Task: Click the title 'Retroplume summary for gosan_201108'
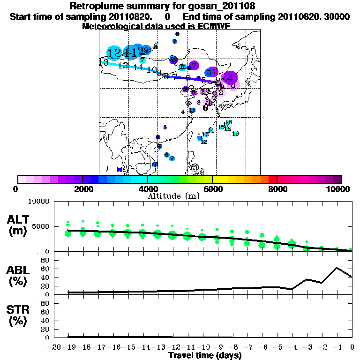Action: (x=162, y=6)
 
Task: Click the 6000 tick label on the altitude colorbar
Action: (x=212, y=189)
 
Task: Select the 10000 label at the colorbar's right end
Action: (x=338, y=189)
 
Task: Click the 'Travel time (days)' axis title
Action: (x=205, y=355)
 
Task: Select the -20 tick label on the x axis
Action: (x=54, y=347)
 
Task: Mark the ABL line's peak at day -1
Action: (x=337, y=268)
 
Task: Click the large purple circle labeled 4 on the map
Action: (x=230, y=78)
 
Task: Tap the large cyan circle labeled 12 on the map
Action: (x=114, y=53)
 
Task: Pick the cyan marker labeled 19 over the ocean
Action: (x=235, y=134)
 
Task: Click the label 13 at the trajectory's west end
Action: (x=104, y=62)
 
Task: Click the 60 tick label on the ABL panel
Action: (x=46, y=269)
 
